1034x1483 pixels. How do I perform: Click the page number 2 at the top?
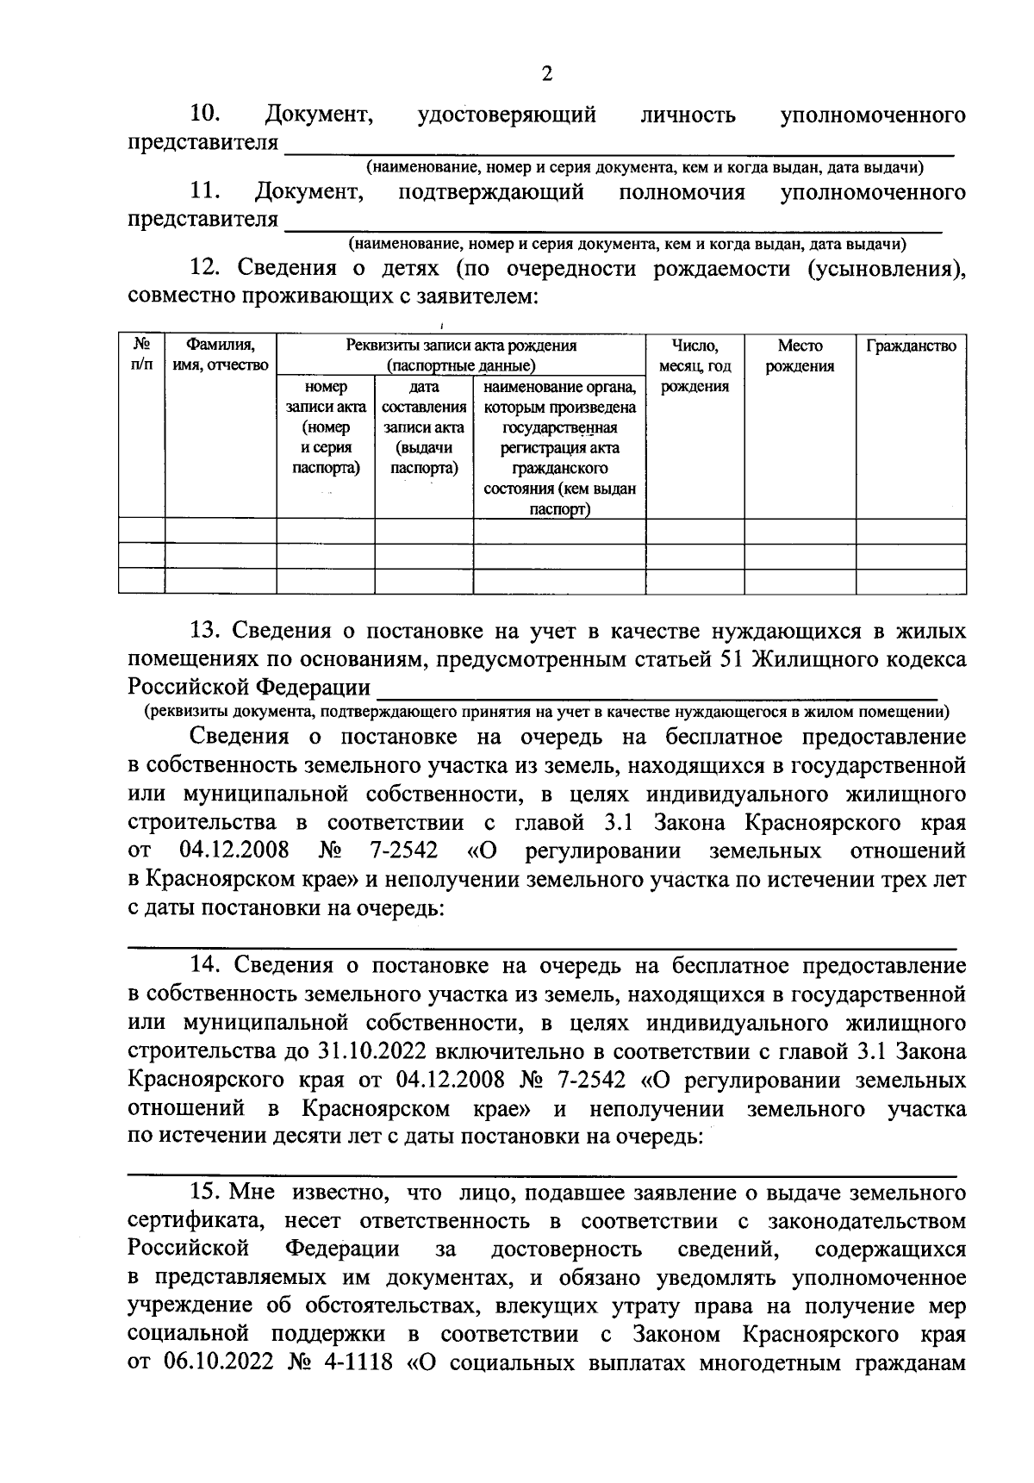point(545,73)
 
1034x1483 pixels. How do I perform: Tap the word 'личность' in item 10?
point(688,115)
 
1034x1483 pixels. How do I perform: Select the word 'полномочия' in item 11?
point(682,191)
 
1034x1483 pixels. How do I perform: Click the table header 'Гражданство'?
point(911,346)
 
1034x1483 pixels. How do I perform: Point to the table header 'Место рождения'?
point(800,356)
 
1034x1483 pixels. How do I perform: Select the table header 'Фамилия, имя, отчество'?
point(221,356)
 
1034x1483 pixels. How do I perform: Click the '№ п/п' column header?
point(141,356)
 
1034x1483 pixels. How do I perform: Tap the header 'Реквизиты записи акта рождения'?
point(461,346)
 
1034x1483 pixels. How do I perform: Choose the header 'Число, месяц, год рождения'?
point(695,366)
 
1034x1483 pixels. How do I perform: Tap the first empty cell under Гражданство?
point(911,531)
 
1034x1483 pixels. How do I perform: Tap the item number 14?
point(207,967)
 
